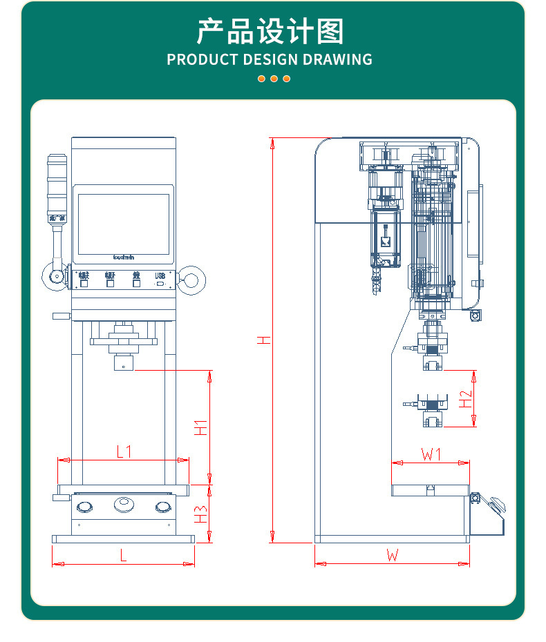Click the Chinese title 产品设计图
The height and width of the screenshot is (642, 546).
point(270,32)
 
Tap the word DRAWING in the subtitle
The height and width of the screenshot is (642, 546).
point(335,59)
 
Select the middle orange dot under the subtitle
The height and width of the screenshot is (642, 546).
point(274,79)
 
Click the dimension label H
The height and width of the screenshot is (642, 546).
point(263,340)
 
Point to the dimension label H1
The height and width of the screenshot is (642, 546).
point(200,427)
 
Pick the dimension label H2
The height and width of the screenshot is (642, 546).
point(466,398)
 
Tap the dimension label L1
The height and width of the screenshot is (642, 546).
point(124,452)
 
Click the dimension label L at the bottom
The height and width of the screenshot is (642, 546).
point(123,556)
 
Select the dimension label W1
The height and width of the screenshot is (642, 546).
point(431,454)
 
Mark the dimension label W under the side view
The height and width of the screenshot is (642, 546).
point(392,555)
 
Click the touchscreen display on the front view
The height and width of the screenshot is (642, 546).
point(124,223)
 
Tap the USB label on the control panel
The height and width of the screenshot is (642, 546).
point(160,275)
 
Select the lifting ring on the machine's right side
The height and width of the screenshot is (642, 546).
point(191,280)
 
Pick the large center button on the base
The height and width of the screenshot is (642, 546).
point(124,505)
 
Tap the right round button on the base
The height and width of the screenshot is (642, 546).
point(162,507)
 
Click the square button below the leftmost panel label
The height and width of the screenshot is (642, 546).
point(84,283)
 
